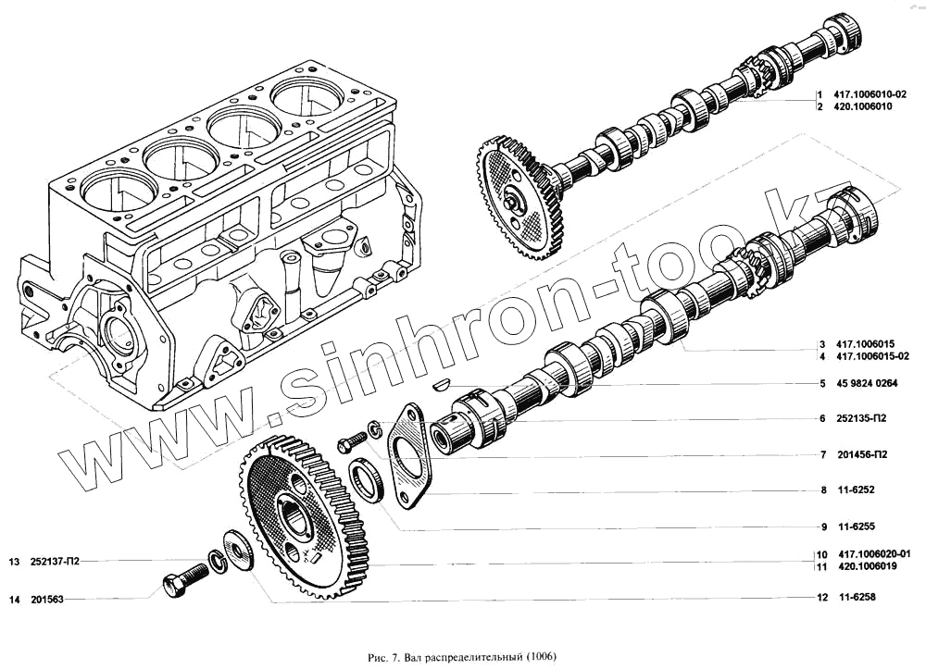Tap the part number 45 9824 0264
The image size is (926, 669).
click(868, 384)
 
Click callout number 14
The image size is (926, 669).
click(14, 600)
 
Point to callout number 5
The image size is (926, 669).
click(821, 384)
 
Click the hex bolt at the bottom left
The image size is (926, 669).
click(182, 581)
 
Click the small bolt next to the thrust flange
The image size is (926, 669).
click(352, 441)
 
